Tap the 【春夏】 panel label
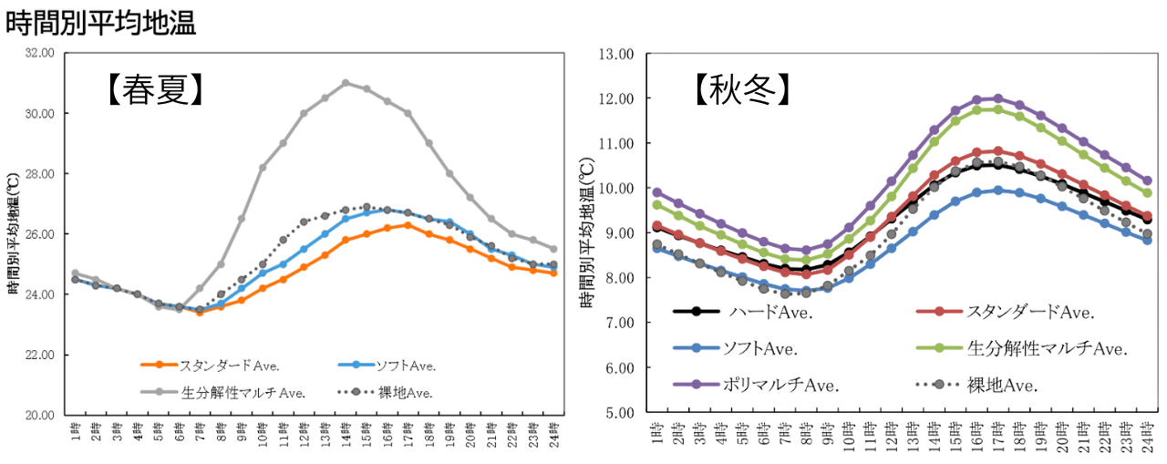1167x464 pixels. [x=152, y=90]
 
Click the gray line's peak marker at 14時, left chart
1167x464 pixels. [x=346, y=83]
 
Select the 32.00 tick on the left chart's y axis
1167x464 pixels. [x=40, y=54]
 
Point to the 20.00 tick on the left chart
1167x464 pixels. [x=40, y=415]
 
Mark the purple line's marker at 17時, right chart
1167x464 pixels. [x=997, y=98]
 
